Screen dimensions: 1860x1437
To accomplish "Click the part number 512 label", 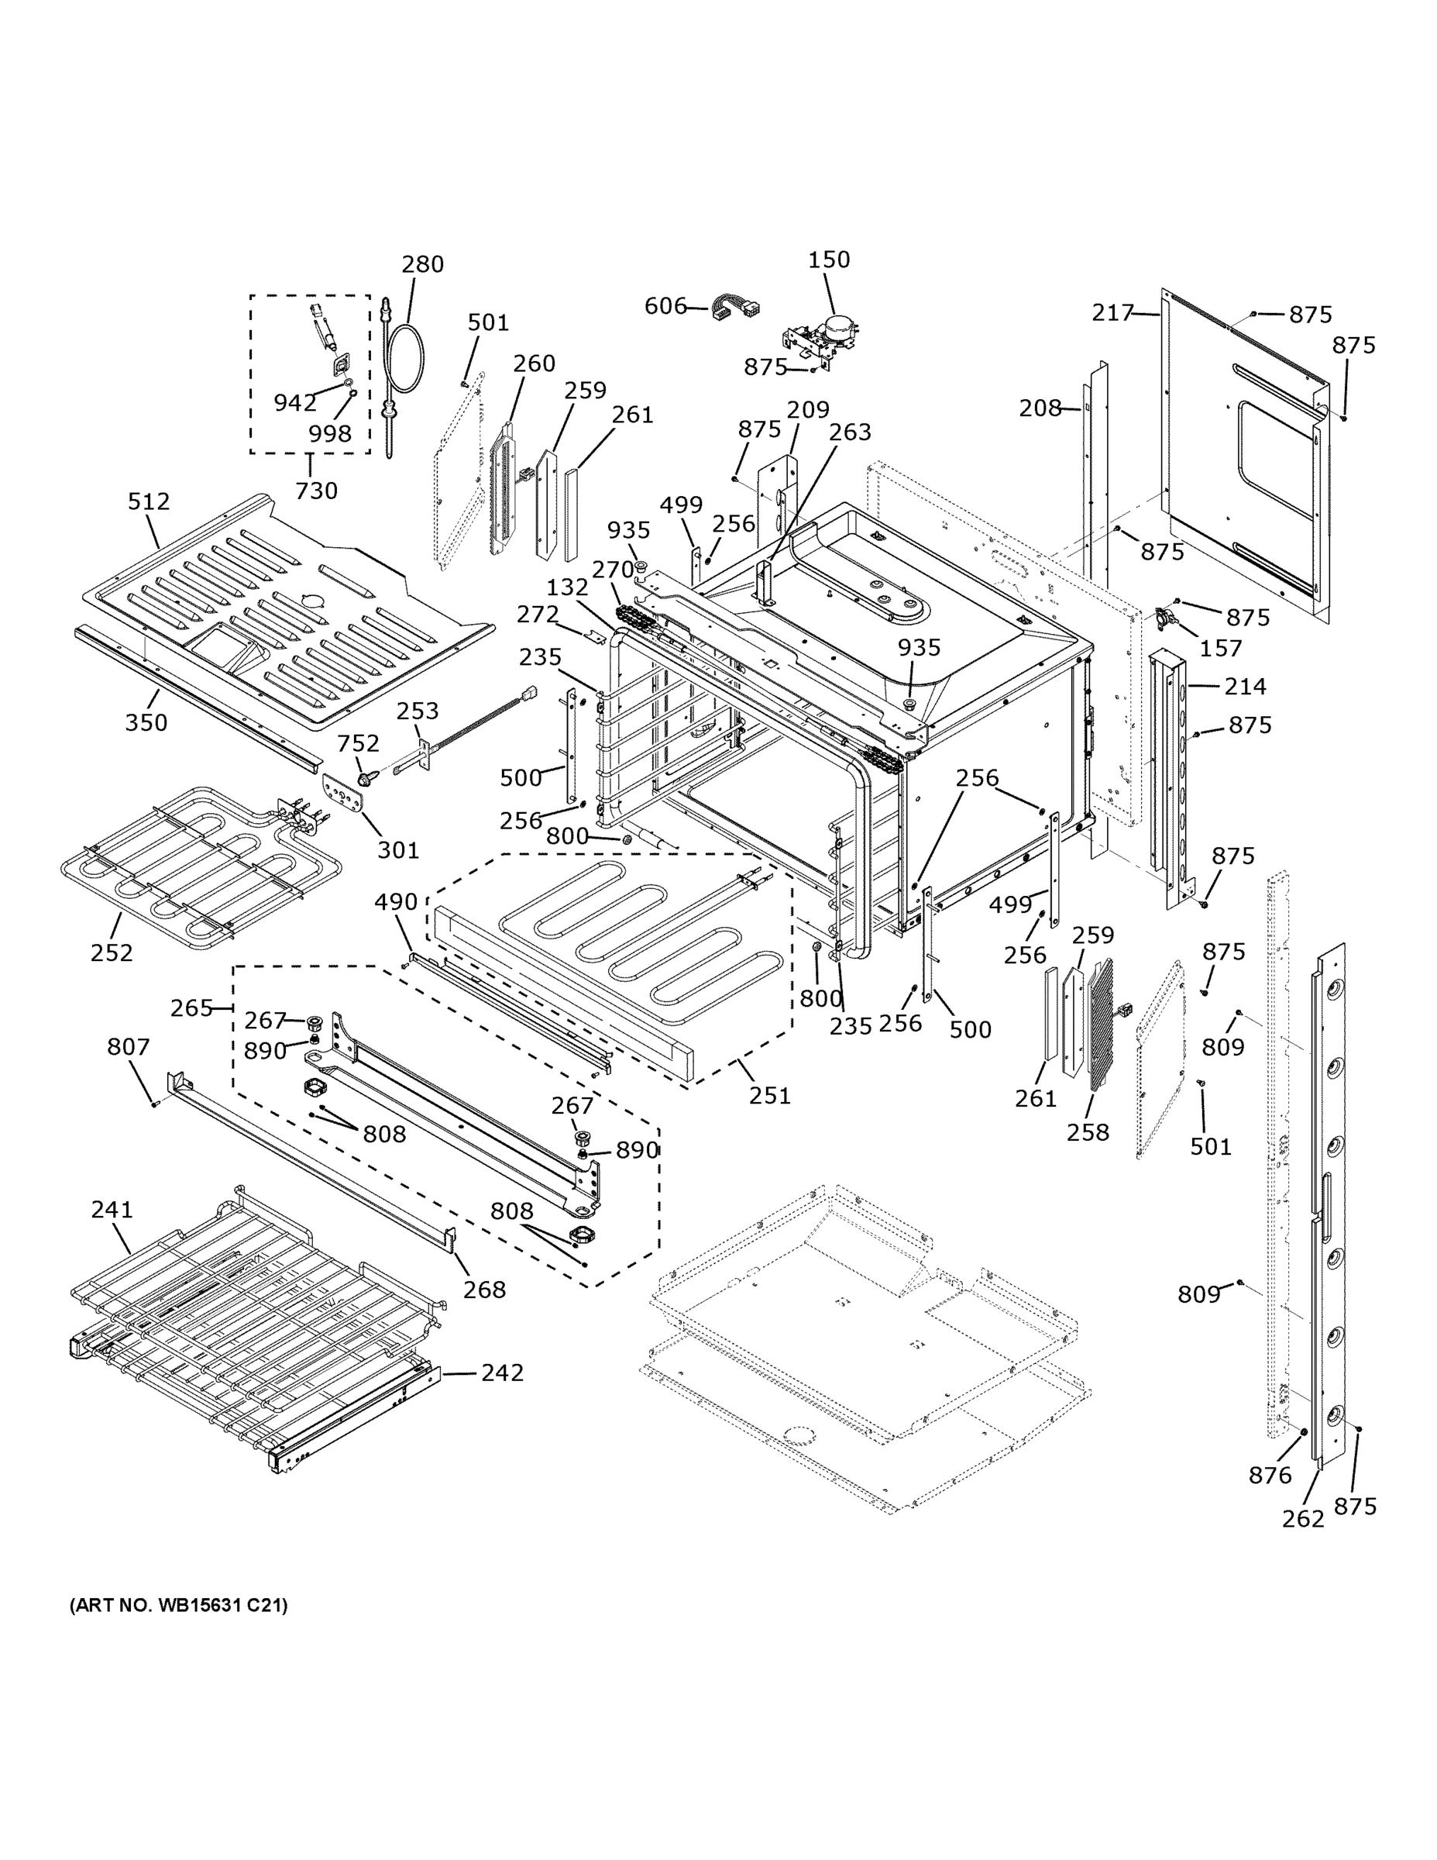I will pyautogui.click(x=149, y=501).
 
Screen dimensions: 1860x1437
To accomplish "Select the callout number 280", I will pyautogui.click(x=423, y=264).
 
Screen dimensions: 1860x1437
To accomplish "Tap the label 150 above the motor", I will pyautogui.click(x=828, y=259).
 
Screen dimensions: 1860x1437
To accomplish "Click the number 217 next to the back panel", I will pyautogui.click(x=1112, y=313).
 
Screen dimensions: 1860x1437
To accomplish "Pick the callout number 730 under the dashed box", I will pyautogui.click(x=316, y=491).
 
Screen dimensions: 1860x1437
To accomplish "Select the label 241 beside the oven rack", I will pyautogui.click(x=112, y=1208).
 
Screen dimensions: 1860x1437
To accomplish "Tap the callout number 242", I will pyautogui.click(x=502, y=1372).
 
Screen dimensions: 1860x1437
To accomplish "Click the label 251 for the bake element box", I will pyautogui.click(x=769, y=1095).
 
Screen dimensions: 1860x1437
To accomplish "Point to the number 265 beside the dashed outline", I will pyautogui.click(x=191, y=1008).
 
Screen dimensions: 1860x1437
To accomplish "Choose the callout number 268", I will pyautogui.click(x=484, y=1290).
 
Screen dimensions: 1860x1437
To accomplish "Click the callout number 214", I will pyautogui.click(x=1246, y=687).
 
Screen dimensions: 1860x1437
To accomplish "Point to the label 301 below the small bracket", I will pyautogui.click(x=398, y=849).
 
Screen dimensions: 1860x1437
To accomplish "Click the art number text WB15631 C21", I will pyautogui.click(x=179, y=1605).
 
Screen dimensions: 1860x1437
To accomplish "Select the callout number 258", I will pyautogui.click(x=1088, y=1131).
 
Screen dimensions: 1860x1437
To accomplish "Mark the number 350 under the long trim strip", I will pyautogui.click(x=146, y=722).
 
